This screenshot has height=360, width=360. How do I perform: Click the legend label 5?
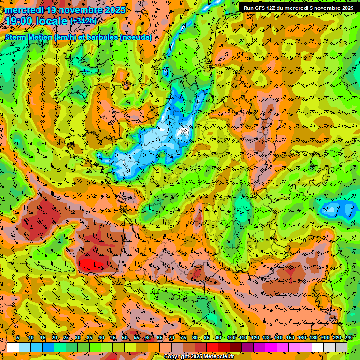(x=18, y=338)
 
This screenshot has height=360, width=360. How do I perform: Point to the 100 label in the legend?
(x=232, y=338)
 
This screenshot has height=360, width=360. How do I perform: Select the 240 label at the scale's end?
(x=349, y=338)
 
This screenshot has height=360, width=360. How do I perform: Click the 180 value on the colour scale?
(x=314, y=338)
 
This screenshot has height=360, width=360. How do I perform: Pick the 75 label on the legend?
(x=183, y=338)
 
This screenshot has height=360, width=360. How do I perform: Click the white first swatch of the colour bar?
(x=13, y=347)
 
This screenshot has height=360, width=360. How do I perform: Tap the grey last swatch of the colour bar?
(x=341, y=347)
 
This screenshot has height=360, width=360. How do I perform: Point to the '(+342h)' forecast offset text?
(x=83, y=21)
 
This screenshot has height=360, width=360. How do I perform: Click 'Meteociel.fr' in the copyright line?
(x=223, y=357)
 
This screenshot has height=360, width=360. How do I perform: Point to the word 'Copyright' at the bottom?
(x=177, y=357)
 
